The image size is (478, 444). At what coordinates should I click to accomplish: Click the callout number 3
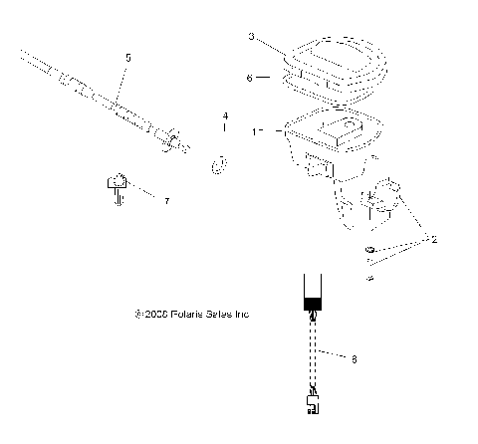point(252,37)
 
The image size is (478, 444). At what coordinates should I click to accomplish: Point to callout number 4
point(225,116)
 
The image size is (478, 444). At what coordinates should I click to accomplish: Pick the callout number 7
point(166,201)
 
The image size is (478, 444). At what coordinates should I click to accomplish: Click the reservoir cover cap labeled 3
point(334,55)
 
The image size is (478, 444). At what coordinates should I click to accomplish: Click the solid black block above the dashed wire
point(314,301)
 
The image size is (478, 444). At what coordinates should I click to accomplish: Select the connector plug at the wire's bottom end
point(314,403)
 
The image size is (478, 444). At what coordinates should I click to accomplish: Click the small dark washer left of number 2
point(370,247)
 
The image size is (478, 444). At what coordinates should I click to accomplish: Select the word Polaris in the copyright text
point(189,315)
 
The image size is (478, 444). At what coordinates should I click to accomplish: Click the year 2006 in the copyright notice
point(156,315)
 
